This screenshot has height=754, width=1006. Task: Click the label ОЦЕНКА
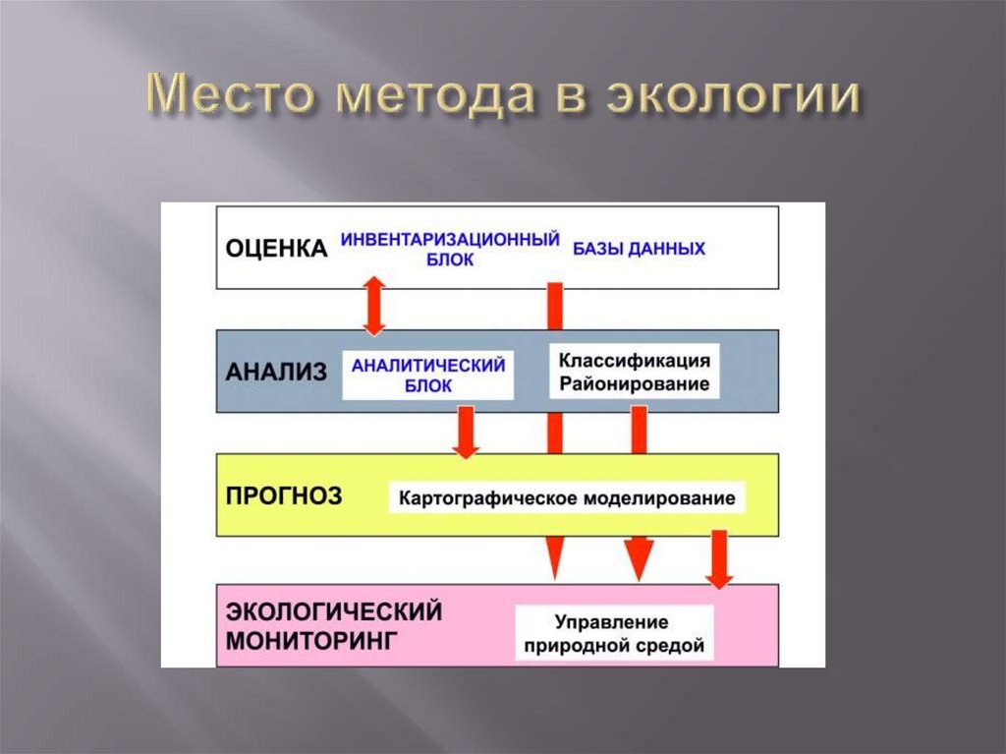coord(276,249)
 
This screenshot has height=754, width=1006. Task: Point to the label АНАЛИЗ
coord(274,372)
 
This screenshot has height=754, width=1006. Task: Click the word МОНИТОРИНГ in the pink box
coord(312,640)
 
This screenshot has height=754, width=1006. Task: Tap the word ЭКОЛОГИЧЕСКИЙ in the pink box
coord(334,611)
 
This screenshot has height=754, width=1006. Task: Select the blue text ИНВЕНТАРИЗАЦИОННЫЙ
coord(450,239)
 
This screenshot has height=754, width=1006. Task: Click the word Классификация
coord(635,361)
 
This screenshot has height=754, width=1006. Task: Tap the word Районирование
coord(635,384)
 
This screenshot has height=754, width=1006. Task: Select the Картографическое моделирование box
coord(566,498)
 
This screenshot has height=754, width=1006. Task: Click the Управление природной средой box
coord(615,634)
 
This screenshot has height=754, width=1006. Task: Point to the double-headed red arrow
coord(374,308)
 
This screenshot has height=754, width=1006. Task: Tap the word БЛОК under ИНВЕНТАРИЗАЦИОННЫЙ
coord(451,261)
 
